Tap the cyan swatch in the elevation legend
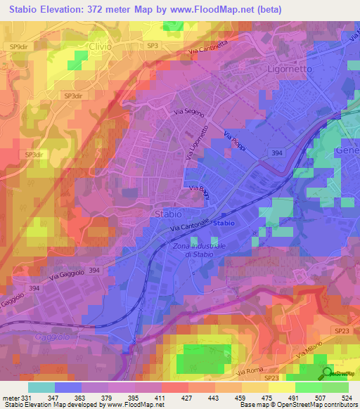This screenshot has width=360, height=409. [x=41, y=387]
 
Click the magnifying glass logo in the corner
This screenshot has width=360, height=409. [x=328, y=373]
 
